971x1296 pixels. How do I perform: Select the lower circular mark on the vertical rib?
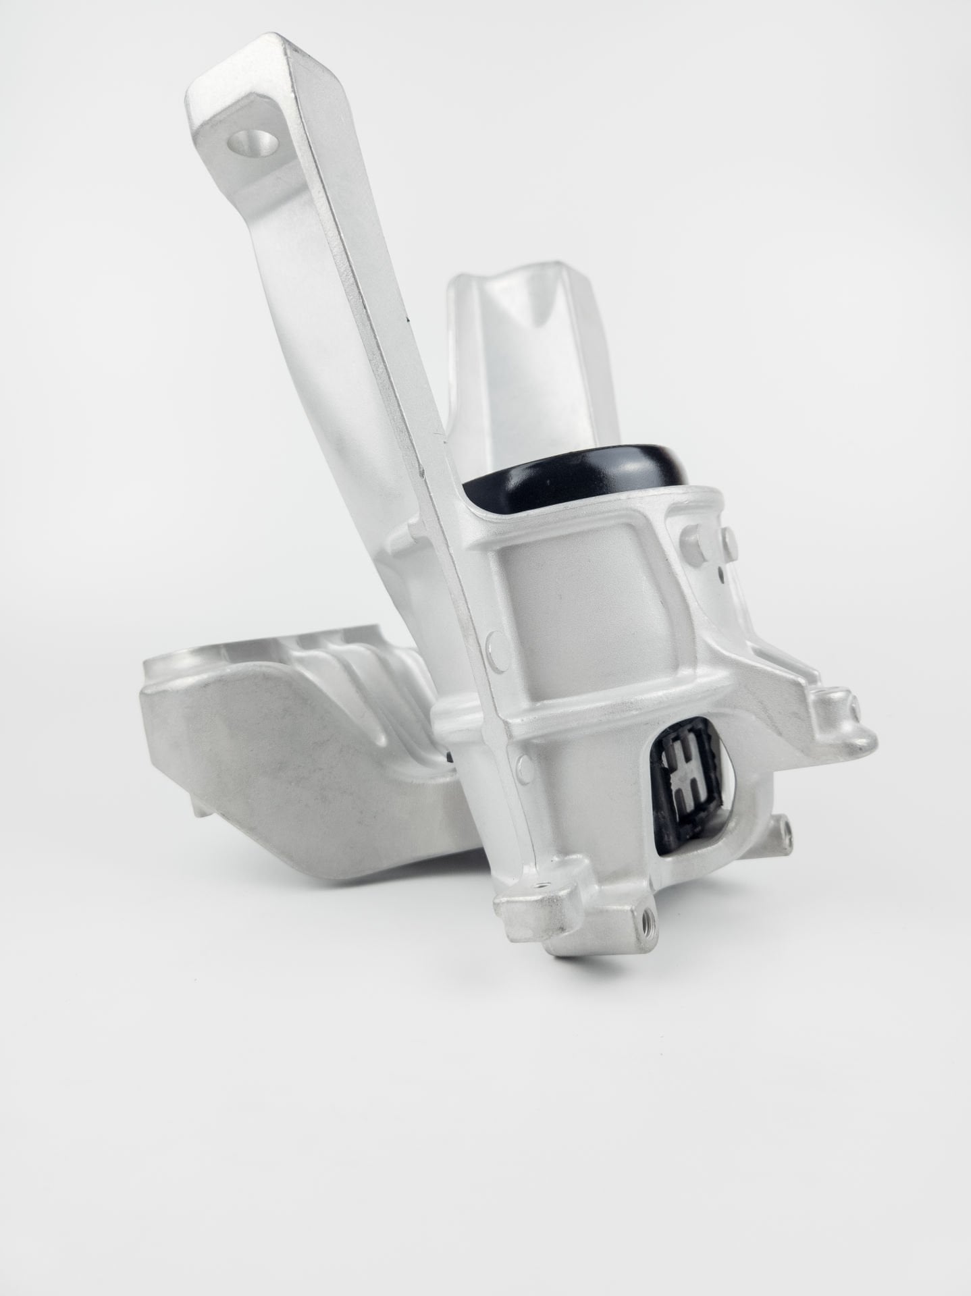coord(521,763)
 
